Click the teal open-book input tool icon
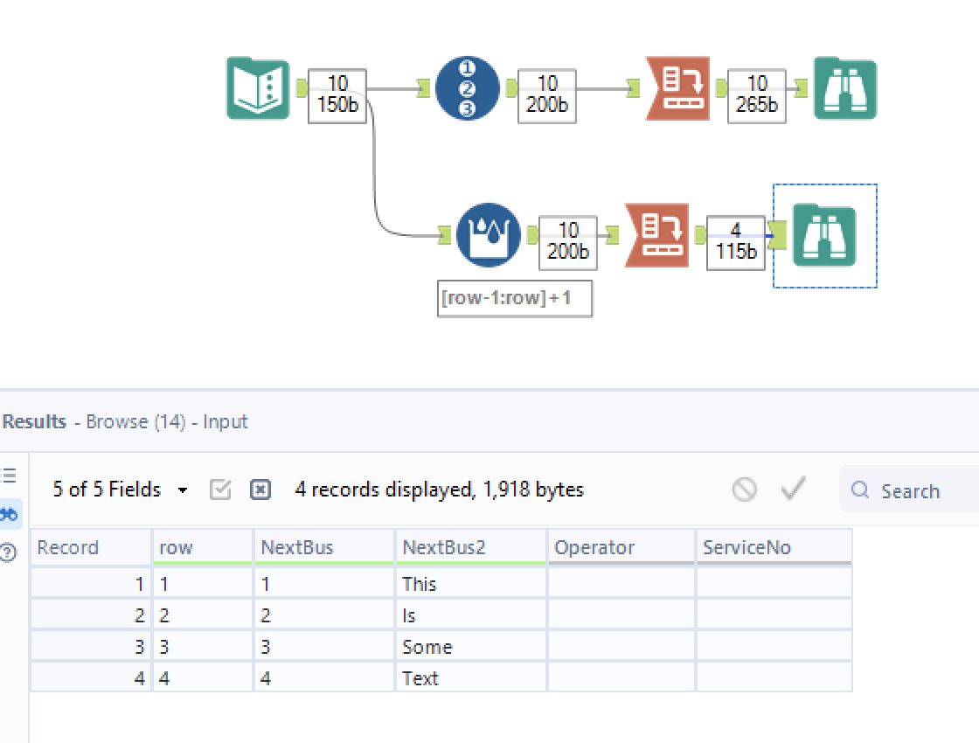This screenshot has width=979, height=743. pyautogui.click(x=258, y=88)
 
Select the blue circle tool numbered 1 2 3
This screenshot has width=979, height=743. pyautogui.click(x=468, y=88)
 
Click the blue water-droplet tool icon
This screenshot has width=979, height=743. pyautogui.click(x=488, y=235)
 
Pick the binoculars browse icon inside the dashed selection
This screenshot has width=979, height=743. pyautogui.click(x=824, y=235)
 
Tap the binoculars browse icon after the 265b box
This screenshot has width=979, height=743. pyautogui.click(x=844, y=88)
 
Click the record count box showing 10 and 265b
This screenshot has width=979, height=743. pyautogui.click(x=757, y=94)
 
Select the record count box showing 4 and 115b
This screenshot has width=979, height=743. pyautogui.click(x=735, y=241)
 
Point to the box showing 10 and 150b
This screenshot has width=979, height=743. pyautogui.click(x=337, y=94)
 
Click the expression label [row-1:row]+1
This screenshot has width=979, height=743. pyautogui.click(x=514, y=298)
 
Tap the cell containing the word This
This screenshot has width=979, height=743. pyautogui.click(x=420, y=584)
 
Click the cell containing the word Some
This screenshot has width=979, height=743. pyautogui.click(x=427, y=647)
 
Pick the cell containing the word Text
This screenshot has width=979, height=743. pyautogui.click(x=420, y=678)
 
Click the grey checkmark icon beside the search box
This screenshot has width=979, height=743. pyautogui.click(x=793, y=489)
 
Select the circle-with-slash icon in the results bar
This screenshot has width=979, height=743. pyautogui.click(x=745, y=490)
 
